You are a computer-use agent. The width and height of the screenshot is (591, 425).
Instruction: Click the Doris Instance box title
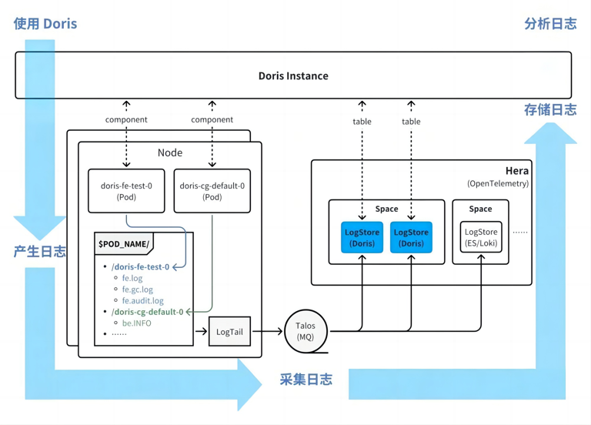[x=293, y=75]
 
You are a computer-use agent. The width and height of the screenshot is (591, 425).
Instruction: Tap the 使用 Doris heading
[x=45, y=23]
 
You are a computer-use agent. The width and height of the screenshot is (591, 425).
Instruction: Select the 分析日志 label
[x=549, y=23]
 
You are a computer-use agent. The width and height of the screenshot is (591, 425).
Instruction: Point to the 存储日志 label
[x=549, y=110]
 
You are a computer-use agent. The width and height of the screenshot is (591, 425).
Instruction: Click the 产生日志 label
[x=39, y=252]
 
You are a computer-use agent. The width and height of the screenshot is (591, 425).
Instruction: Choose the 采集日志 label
[x=306, y=379]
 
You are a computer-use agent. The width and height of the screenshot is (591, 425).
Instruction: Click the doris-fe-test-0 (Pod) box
[x=126, y=191]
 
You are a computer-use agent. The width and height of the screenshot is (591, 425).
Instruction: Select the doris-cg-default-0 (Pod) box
[x=212, y=191]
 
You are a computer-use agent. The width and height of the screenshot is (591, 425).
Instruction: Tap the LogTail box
[x=229, y=332]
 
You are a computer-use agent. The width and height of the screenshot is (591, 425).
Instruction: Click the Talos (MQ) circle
[x=306, y=331]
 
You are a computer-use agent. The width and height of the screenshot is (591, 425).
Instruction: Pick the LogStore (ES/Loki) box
[x=480, y=237]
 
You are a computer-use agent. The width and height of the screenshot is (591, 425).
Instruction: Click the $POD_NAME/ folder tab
[x=123, y=244]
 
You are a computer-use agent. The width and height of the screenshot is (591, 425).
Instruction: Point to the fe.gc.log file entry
[x=137, y=289]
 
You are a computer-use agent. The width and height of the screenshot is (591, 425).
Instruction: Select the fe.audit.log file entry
[x=142, y=301]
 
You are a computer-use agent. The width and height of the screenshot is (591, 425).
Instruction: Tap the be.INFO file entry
[x=136, y=323]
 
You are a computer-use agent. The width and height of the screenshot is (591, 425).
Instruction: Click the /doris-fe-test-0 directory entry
[x=140, y=267]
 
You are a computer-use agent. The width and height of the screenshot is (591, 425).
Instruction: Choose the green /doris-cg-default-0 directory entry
[x=147, y=312]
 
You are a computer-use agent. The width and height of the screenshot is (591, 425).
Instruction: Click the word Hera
[x=516, y=171]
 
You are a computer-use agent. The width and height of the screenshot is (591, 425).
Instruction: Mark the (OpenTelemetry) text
[x=498, y=183]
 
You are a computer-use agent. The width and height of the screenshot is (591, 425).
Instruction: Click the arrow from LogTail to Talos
[x=268, y=332]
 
